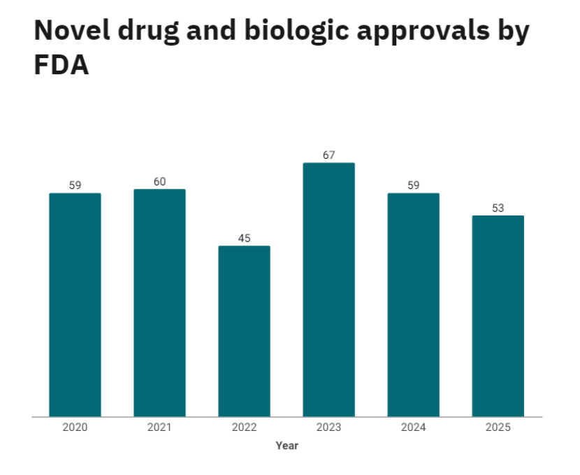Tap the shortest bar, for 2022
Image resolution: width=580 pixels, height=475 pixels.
coord(244,331)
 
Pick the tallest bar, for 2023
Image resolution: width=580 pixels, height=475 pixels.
coord(328,290)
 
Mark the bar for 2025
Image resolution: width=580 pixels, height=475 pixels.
coord(498,316)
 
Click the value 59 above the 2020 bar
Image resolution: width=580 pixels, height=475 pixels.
coord(75,185)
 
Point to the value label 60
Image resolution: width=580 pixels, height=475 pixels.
coord(159,182)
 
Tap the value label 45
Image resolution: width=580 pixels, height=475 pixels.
coord(244,239)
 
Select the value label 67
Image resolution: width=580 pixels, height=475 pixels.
coord(328,155)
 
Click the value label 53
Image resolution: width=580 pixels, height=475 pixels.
coord(498,208)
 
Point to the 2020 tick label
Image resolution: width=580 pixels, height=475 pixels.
coord(75,427)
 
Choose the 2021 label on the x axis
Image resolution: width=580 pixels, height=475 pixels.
coord(159,427)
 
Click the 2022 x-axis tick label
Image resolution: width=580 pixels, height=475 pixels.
coord(244,427)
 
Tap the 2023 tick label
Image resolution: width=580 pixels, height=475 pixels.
coord(328,427)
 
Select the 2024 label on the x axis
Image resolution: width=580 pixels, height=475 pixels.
coord(413,427)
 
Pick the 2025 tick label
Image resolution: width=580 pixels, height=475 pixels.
coord(498,427)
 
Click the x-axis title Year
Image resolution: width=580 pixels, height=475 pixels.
coord(287,446)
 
